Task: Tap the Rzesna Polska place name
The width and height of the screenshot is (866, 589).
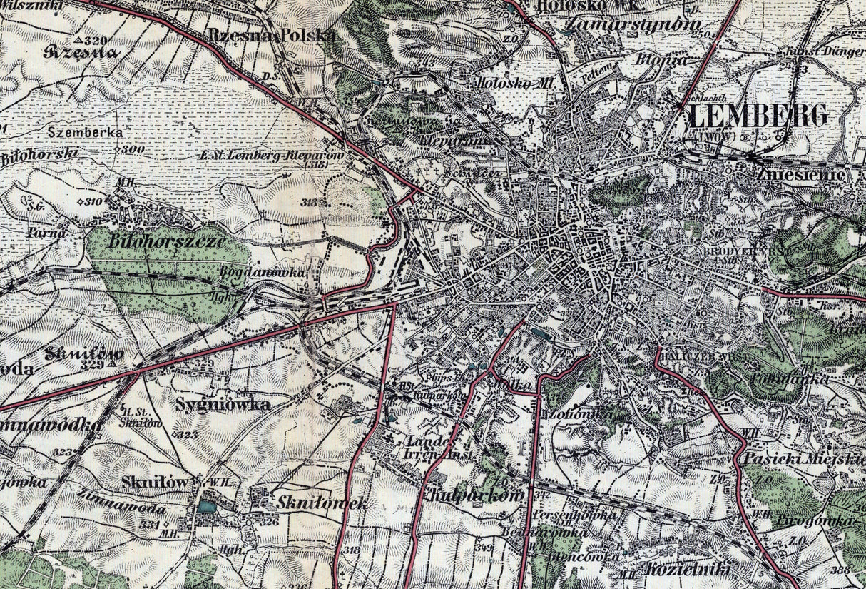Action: coord(272,35)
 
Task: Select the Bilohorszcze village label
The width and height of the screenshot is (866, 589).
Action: coord(168,241)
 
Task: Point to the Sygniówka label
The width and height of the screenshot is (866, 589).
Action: coord(223,405)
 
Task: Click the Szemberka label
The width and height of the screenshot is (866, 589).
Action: coord(86,132)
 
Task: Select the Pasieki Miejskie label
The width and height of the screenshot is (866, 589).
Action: coord(803,459)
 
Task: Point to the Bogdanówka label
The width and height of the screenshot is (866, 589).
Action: coord(273,273)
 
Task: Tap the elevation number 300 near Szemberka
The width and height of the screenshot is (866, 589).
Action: coord(133,149)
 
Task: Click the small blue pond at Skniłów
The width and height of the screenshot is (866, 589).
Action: coord(207,506)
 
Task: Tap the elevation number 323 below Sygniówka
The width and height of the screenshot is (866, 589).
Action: coord(188,434)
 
